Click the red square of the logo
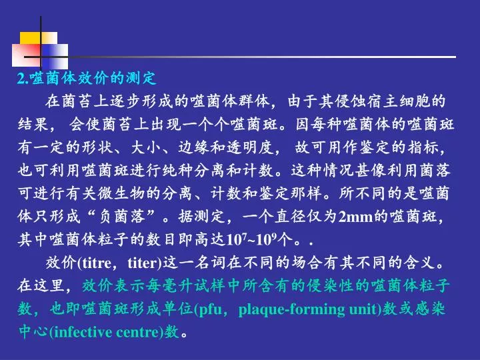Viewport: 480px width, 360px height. point(26,55)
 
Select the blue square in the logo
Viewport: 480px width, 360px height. point(55,56)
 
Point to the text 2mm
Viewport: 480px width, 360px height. point(356,217)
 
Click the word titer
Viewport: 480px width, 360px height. point(143,263)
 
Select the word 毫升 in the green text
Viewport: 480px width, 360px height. point(162,286)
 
